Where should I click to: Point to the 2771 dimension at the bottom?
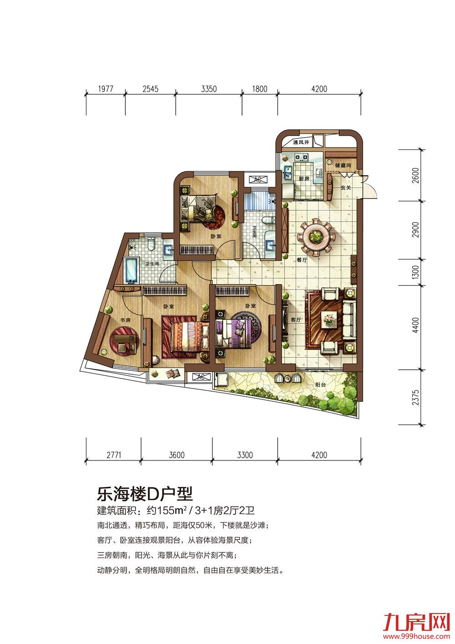click(114, 455)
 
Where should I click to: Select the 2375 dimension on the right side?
click(416, 398)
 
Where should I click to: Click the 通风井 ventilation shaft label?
click(301, 142)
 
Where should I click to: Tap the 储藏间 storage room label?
click(343, 165)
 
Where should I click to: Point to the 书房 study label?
click(125, 319)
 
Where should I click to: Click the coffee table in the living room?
click(329, 318)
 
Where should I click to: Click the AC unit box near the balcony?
click(201, 376)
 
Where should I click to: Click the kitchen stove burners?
click(301, 157)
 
